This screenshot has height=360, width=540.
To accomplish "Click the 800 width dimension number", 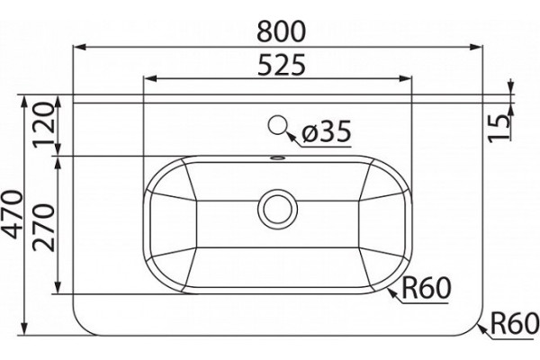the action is tap(282, 31).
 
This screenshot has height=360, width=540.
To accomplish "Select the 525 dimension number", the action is tap(282, 65).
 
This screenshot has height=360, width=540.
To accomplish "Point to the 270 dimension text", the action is tap(43, 228).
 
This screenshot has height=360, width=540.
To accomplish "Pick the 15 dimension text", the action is tap(499, 128).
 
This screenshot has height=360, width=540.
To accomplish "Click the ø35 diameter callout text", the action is tap(326, 131).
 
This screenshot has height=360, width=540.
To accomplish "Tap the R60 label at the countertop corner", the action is tap(515, 323).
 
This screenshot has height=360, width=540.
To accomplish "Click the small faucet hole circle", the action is tap(277, 125).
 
